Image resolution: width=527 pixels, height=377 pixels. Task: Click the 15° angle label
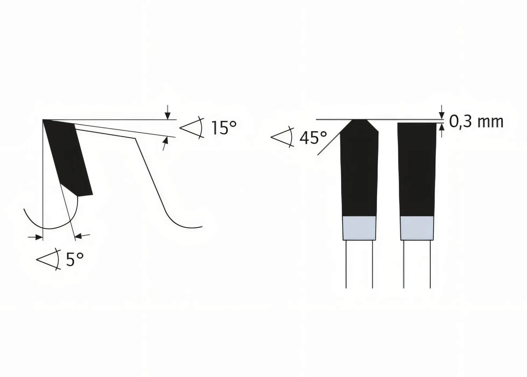[x=224, y=128]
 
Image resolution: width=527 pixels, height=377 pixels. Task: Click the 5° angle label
[x=74, y=259]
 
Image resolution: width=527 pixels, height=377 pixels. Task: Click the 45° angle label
[x=313, y=138]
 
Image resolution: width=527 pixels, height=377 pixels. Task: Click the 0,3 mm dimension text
[x=476, y=122]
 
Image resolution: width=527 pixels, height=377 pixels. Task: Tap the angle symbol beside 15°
[x=192, y=128]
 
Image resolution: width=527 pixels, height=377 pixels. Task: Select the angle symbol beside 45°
[x=282, y=137]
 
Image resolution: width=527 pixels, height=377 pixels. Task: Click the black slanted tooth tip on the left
[x=68, y=157]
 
